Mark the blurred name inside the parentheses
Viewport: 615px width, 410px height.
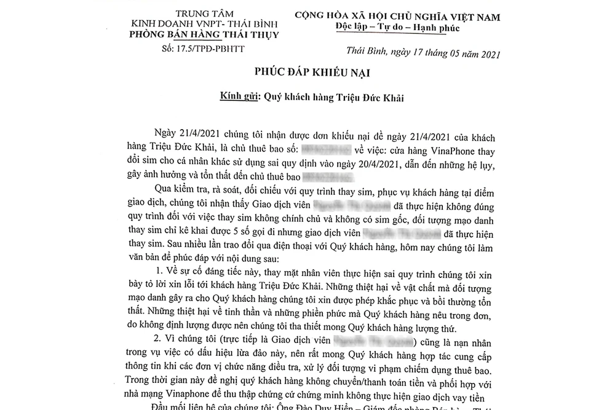pos(375,339)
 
